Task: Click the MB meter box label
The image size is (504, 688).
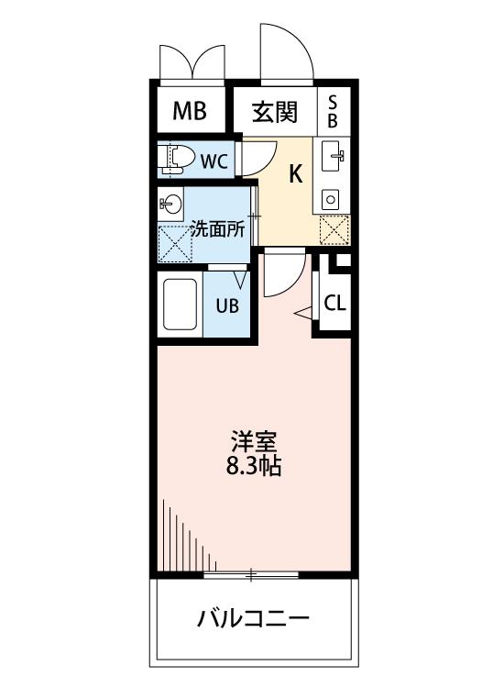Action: coord(190,111)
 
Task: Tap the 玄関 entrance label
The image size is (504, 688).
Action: coord(275,112)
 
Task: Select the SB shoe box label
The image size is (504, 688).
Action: coord(333,111)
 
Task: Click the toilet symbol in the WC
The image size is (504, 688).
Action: coord(177,160)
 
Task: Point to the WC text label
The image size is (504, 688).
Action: coord(214,161)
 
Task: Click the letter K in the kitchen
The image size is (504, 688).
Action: coord(295,173)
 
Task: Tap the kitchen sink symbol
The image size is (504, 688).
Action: coord(333,156)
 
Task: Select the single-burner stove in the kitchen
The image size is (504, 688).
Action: coord(330,200)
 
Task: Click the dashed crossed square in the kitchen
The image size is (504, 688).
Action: coord(334,230)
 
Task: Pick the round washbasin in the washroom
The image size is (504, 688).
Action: coord(171,204)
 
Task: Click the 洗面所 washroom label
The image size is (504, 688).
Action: coord(218,230)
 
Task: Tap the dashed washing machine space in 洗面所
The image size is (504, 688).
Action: coord(175,244)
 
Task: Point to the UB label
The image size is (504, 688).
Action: coord(227,305)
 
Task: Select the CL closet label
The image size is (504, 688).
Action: coord(334,303)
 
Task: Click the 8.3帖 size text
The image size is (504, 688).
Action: coord(253,466)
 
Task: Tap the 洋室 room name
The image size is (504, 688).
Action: coord(254,443)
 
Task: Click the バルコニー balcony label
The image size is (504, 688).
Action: coord(253,618)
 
